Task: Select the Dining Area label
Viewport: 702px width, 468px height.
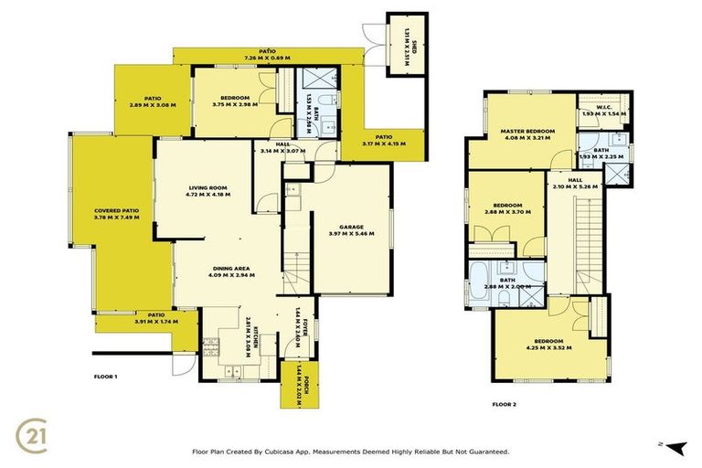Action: tap(230, 271)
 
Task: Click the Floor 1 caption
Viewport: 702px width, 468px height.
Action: tap(107, 377)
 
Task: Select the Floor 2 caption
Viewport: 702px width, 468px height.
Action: tap(505, 403)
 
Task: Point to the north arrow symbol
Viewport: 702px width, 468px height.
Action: tap(675, 446)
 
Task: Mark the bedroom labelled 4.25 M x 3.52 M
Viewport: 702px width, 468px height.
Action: tap(549, 345)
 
